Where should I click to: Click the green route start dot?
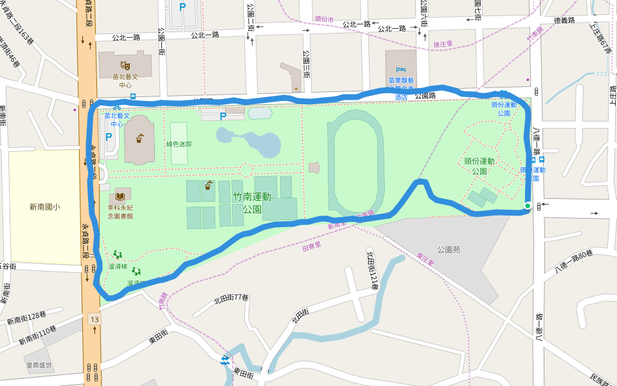tap(528, 206)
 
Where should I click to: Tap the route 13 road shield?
tap(95, 319)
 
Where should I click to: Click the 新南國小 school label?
tap(45, 207)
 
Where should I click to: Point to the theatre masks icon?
tap(125, 64)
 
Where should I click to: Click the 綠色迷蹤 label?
tap(179, 144)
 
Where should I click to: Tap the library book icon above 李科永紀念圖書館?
tap(120, 195)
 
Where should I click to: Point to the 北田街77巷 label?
tap(231, 297)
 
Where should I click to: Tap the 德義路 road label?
tap(562, 21)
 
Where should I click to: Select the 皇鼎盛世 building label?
tap(39, 365)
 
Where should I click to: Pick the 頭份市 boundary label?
tap(325, 19)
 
